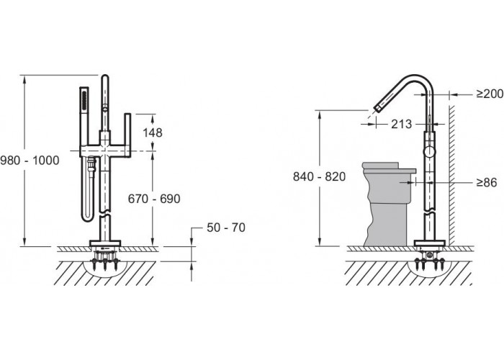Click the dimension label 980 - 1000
click(x=30, y=161)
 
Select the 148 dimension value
click(x=153, y=132)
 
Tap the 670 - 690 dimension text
click(x=154, y=199)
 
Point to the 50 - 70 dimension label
click(x=226, y=228)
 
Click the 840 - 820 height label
click(x=319, y=176)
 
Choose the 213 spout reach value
click(x=401, y=124)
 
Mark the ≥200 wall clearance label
click(x=490, y=94)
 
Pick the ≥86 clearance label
click(x=486, y=182)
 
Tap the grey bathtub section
click(x=388, y=204)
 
